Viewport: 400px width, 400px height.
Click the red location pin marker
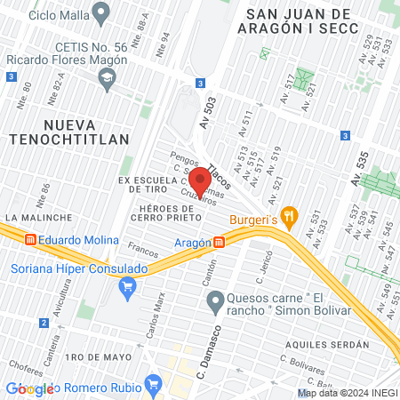199,181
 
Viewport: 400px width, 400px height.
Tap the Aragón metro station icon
219,242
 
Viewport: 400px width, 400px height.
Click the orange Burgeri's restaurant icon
288,214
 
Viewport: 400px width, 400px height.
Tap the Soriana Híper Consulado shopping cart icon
128,285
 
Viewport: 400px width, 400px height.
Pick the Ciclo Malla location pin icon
101,14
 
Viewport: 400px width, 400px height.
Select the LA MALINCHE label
32,217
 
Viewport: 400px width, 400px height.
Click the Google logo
29,388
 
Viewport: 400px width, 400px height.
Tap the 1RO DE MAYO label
85,356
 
